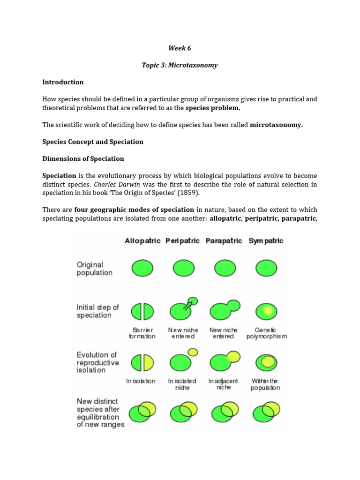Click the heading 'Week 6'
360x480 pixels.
point(180,48)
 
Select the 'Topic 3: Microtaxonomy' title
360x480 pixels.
point(180,65)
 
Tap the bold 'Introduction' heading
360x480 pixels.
point(63,82)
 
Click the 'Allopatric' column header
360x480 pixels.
point(142,240)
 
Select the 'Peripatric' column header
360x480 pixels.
point(182,240)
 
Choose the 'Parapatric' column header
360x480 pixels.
point(224,240)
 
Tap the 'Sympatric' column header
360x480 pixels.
point(266,240)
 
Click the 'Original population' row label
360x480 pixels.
point(94,269)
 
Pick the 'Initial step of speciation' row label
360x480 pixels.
point(97,311)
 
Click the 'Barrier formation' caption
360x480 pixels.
point(142,333)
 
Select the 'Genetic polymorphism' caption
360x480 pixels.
point(266,333)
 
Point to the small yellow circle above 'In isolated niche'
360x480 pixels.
point(192,352)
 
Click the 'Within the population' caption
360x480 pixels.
point(265,384)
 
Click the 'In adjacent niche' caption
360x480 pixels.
point(223,384)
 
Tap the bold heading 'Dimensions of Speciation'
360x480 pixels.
point(83,158)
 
